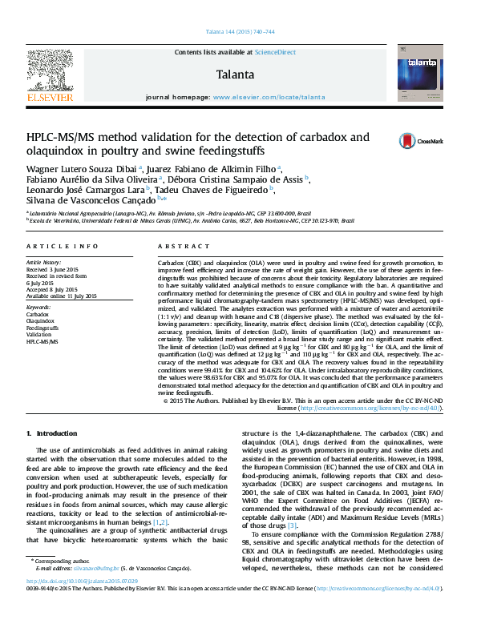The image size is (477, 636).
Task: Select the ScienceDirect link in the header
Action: tap(275, 52)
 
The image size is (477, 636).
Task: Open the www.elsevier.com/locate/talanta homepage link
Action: tap(269, 96)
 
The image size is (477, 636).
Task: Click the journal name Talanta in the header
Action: tap(235, 74)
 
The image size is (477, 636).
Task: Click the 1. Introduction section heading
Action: tap(52, 433)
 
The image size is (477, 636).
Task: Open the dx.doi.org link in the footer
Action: tap(81, 604)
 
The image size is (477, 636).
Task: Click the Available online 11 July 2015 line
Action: tap(62, 296)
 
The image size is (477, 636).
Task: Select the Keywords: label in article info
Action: tap(39, 307)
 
